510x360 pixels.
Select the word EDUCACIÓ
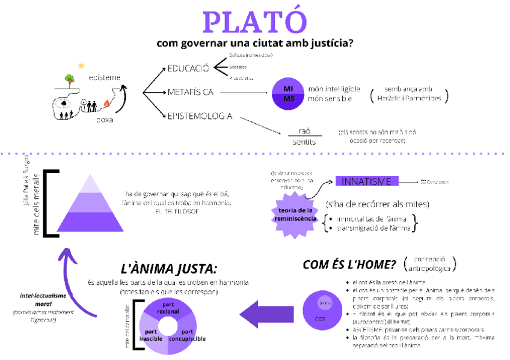[188, 68]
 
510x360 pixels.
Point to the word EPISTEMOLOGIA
[200, 116]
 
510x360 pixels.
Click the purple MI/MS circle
[289, 94]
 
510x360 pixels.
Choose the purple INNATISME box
[367, 181]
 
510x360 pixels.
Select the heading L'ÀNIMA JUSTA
[169, 268]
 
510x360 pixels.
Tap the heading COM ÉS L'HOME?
[349, 264]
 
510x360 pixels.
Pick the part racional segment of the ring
[168, 308]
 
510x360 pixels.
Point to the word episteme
[104, 77]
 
